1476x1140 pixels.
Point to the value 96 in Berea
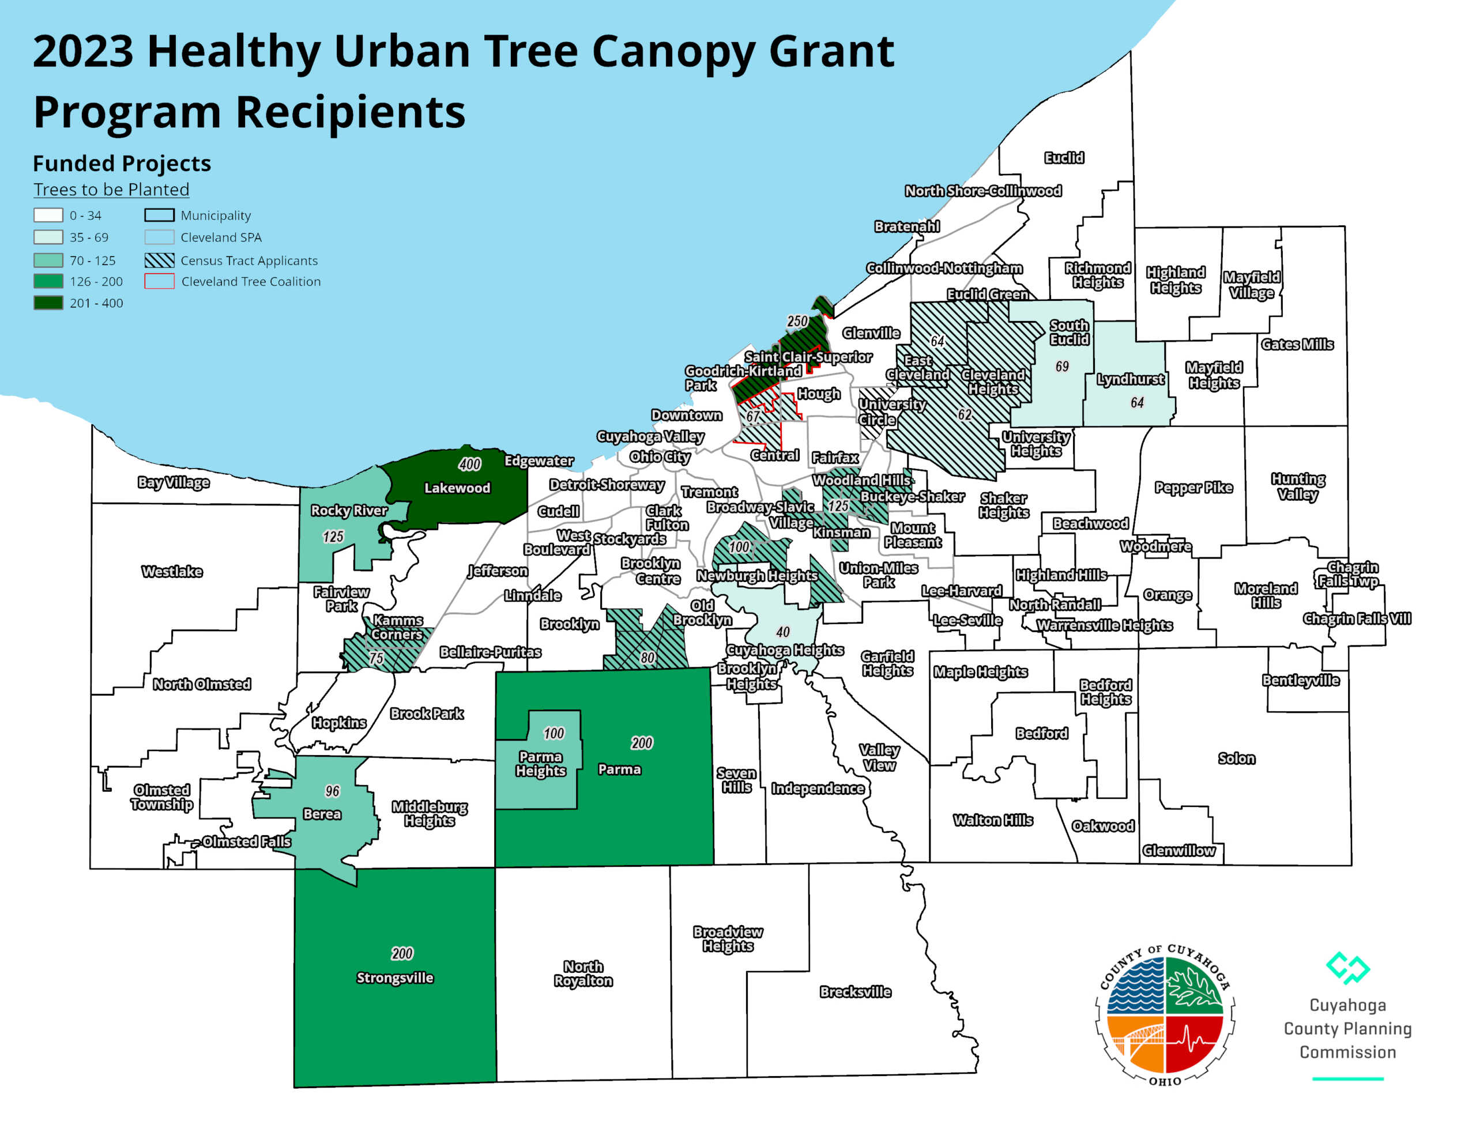pyautogui.click(x=332, y=791)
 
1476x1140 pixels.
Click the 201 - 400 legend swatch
pyautogui.click(x=48, y=303)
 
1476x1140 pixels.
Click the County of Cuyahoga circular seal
pyautogui.click(x=1165, y=1014)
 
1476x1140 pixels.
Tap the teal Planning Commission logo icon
pyautogui.click(x=1347, y=968)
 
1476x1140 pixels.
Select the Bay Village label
pyautogui.click(x=173, y=482)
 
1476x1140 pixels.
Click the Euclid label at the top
pyautogui.click(x=1064, y=157)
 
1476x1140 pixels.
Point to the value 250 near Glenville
pyautogui.click(x=797, y=321)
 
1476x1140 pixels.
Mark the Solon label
pyautogui.click(x=1236, y=758)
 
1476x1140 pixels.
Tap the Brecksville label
pyautogui.click(x=855, y=991)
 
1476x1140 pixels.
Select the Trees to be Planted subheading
pyautogui.click(x=111, y=189)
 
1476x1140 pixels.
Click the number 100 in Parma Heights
pyautogui.click(x=553, y=733)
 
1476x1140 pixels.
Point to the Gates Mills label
pyautogui.click(x=1297, y=344)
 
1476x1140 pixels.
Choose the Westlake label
pyautogui.click(x=172, y=572)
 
